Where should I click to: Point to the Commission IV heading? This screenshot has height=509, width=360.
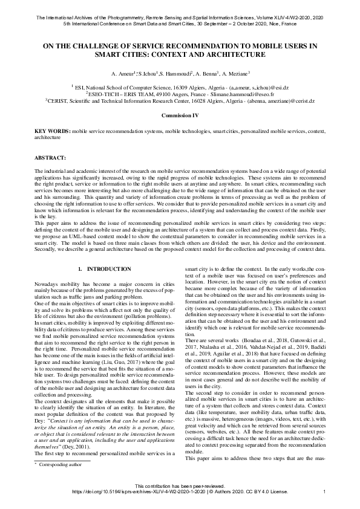pyautogui.click(x=180, y=114)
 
